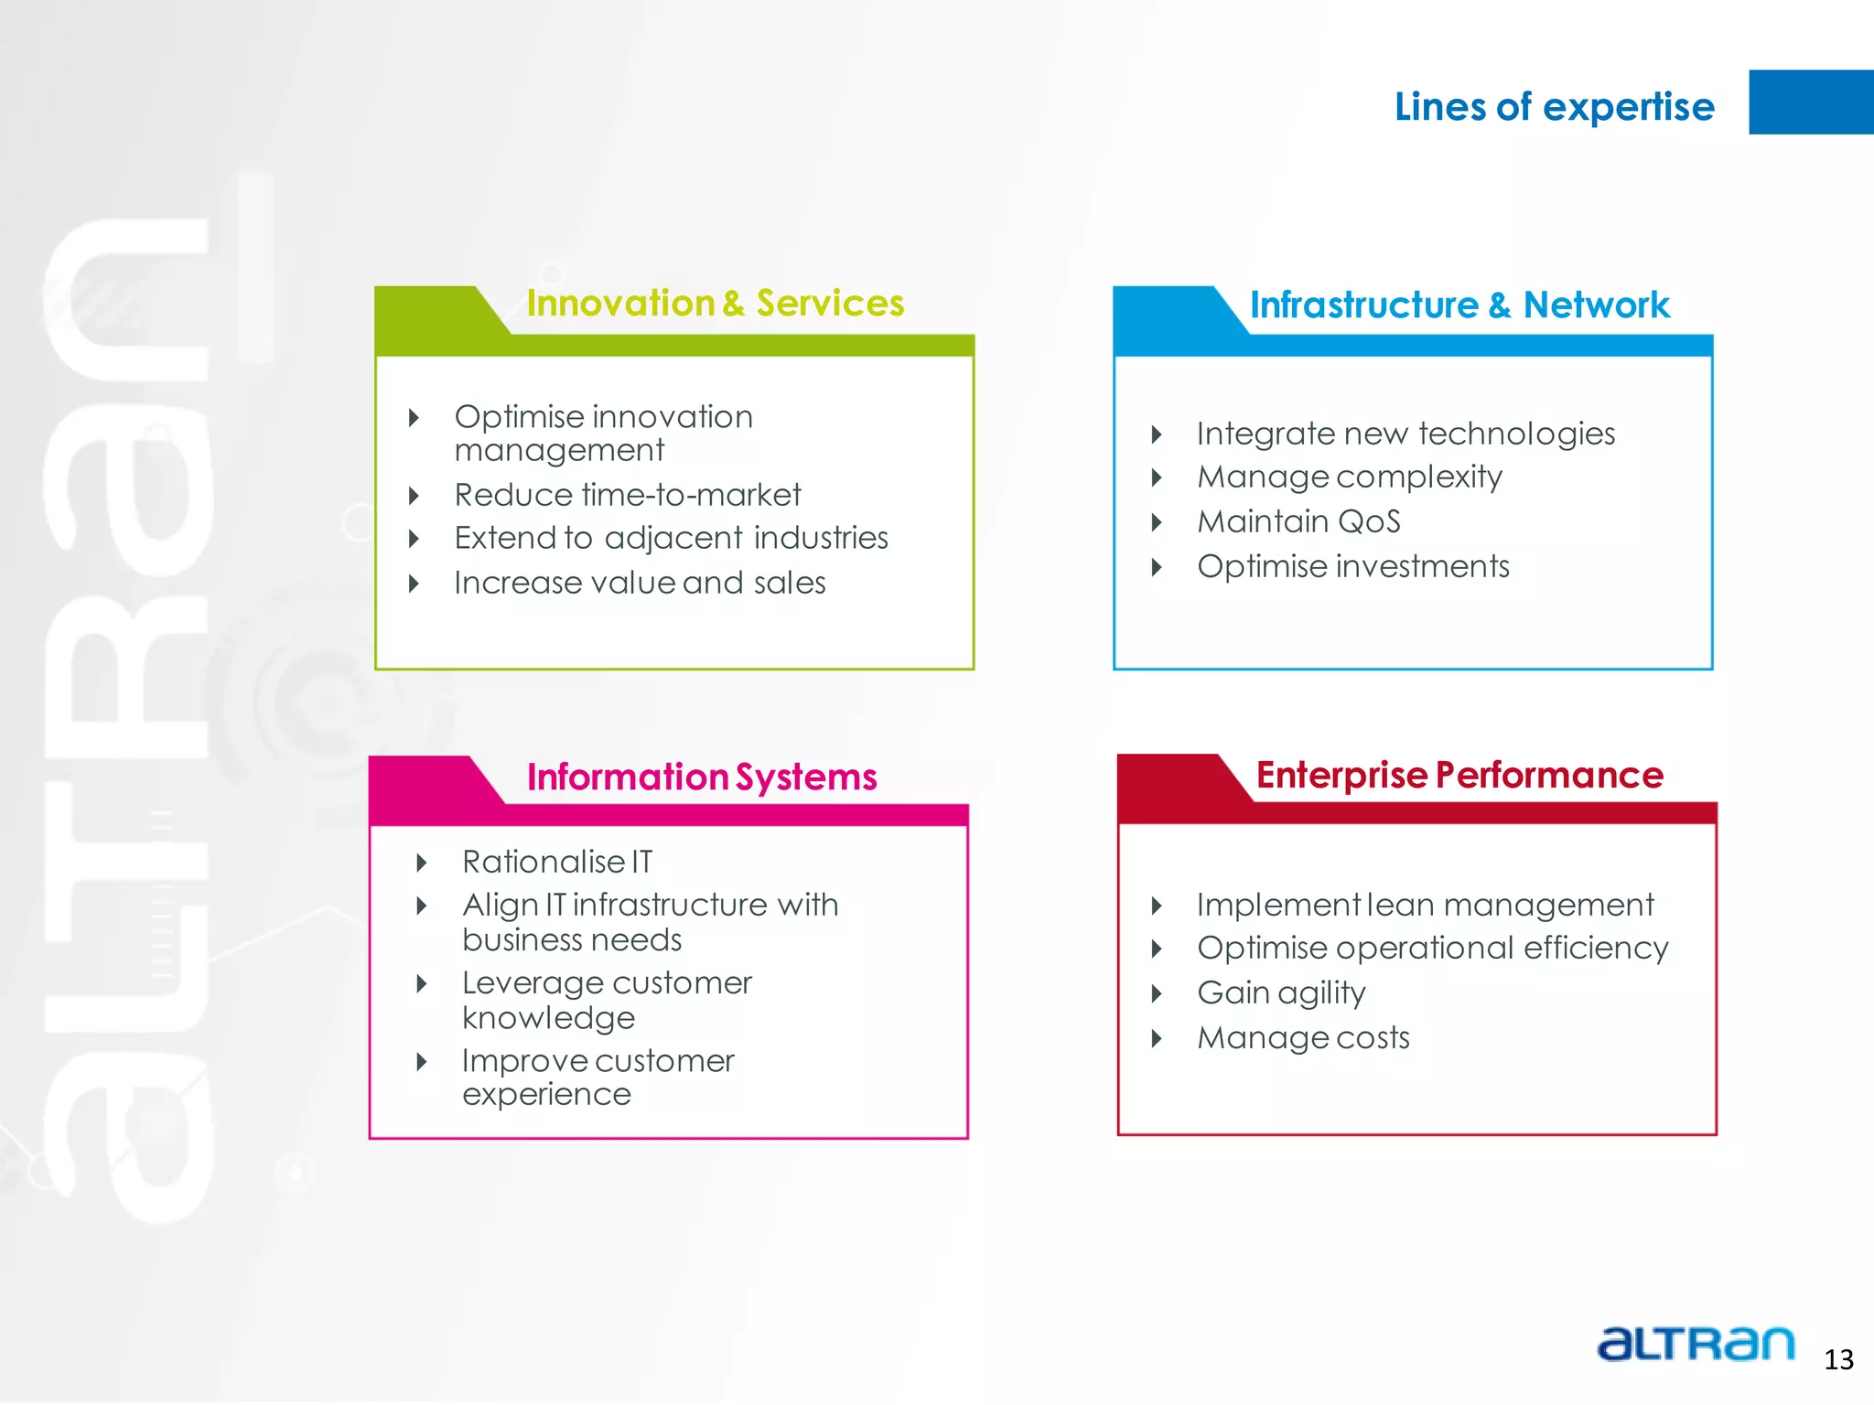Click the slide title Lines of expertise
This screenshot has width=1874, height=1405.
click(1554, 107)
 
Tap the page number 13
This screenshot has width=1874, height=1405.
click(1838, 1359)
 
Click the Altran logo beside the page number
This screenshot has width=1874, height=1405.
click(1696, 1344)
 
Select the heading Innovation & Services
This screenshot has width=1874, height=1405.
click(715, 304)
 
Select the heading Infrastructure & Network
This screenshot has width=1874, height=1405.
click(1459, 306)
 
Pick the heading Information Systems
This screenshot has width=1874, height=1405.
click(702, 778)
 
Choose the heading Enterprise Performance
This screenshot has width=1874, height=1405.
click(1459, 776)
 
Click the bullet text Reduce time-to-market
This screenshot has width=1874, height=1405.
click(628, 495)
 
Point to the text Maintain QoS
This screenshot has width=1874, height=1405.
click(1298, 521)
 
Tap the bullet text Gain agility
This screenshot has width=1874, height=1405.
click(1281, 992)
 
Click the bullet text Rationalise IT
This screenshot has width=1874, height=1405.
click(557, 862)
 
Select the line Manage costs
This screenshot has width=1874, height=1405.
click(1303, 1037)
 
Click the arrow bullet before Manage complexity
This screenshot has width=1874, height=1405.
click(1157, 477)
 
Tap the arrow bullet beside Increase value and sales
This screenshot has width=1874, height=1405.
click(414, 584)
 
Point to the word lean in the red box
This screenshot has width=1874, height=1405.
click(1401, 905)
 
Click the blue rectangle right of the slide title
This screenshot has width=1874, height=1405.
click(1810, 102)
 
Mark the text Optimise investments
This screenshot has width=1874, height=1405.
click(1353, 566)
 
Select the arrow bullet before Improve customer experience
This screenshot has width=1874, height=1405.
click(422, 1062)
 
